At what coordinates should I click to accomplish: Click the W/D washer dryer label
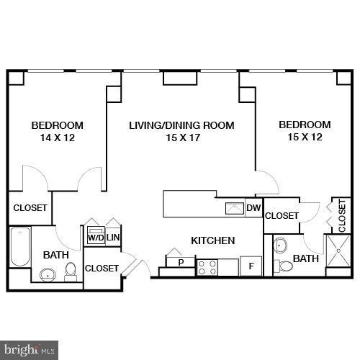pyautogui.click(x=95, y=238)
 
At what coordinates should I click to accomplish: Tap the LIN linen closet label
pyautogui.click(x=113, y=238)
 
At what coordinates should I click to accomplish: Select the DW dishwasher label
pyautogui.click(x=253, y=209)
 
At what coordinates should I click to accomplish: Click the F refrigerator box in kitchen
pyautogui.click(x=251, y=266)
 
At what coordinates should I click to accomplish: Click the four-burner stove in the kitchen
pyautogui.click(x=207, y=268)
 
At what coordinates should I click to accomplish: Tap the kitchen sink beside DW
pyautogui.click(x=235, y=209)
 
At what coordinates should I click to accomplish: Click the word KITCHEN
pyautogui.click(x=212, y=240)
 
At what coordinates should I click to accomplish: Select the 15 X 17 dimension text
pyautogui.click(x=181, y=138)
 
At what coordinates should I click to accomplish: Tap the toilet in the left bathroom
pyautogui.click(x=71, y=270)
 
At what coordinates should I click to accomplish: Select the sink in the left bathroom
pyautogui.click(x=48, y=274)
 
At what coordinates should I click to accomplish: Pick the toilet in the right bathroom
pyautogui.click(x=286, y=266)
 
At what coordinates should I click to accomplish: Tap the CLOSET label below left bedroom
pyautogui.click(x=30, y=208)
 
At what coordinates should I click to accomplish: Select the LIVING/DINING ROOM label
pyautogui.click(x=181, y=125)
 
